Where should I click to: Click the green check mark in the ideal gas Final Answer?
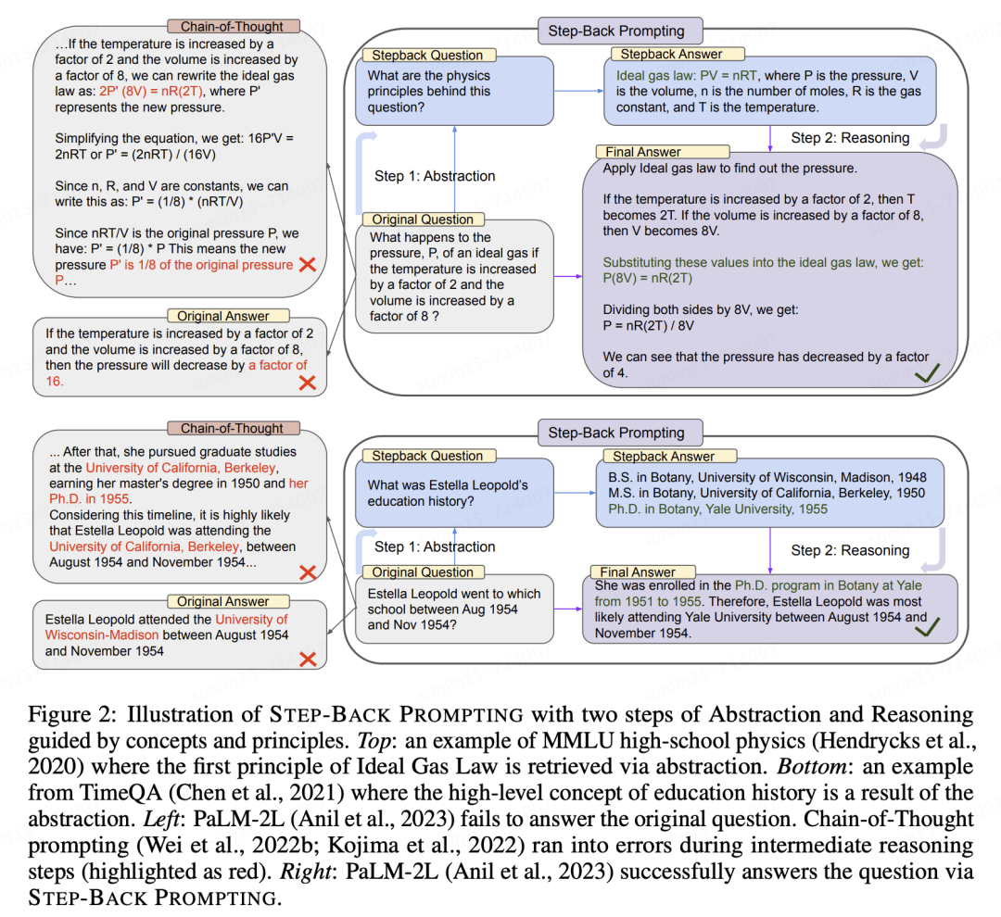(x=929, y=375)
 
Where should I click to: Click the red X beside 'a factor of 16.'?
(x=307, y=382)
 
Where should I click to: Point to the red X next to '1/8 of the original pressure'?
(x=309, y=265)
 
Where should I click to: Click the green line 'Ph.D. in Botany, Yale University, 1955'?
(x=714, y=509)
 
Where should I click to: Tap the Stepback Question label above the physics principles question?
(x=427, y=56)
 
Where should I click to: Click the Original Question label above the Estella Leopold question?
(x=423, y=572)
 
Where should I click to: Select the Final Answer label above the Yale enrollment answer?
(x=639, y=572)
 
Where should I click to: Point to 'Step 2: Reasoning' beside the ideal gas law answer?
(x=850, y=138)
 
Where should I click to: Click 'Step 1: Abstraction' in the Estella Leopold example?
(x=435, y=546)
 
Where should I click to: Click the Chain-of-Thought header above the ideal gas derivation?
(x=232, y=27)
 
